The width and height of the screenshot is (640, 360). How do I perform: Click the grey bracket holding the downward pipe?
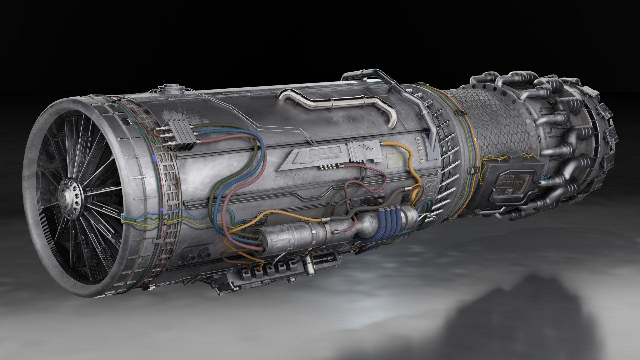432,147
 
